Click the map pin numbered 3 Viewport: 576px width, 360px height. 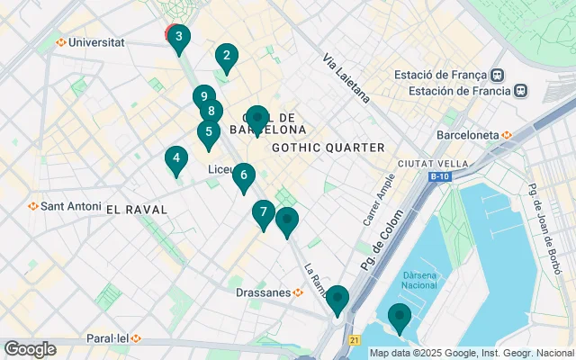[178, 38]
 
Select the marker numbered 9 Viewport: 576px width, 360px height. [204, 96]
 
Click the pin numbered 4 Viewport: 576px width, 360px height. [176, 159]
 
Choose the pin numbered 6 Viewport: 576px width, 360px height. [243, 175]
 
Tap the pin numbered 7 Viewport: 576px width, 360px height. [263, 213]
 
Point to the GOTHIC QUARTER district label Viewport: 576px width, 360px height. [328, 148]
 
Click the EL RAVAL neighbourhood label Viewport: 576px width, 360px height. [137, 209]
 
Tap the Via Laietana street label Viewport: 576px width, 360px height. [346, 77]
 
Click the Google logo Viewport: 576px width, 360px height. [30, 348]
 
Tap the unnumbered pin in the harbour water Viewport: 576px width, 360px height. [399, 318]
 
